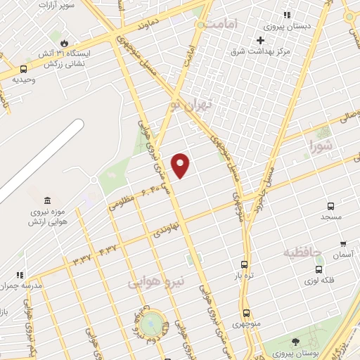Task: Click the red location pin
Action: [181, 165]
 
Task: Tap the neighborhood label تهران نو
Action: [191, 106]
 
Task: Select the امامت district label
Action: [222, 24]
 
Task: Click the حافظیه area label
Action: [302, 251]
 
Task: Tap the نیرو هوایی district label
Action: [156, 281]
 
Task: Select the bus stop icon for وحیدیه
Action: [24, 69]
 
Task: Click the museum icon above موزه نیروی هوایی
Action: [46, 200]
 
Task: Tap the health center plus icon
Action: [260, 40]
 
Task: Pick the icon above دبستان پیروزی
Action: [286, 15]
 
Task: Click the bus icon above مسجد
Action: [330, 206]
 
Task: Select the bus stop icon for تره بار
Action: [244, 264]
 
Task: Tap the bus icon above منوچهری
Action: [246, 313]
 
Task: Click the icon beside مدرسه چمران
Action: [21, 275]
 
